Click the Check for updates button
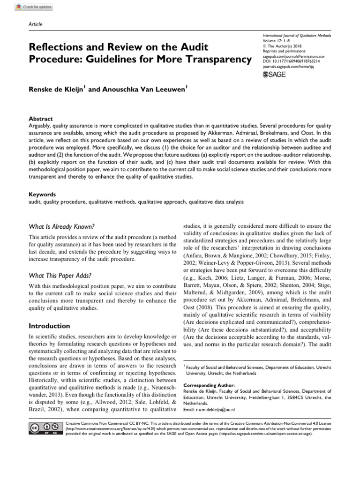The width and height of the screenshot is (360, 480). pos(34,7)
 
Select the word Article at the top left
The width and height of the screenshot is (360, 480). pos(36,24)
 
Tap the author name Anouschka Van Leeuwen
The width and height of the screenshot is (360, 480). pos(137,89)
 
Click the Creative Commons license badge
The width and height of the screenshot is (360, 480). pos(45,428)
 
